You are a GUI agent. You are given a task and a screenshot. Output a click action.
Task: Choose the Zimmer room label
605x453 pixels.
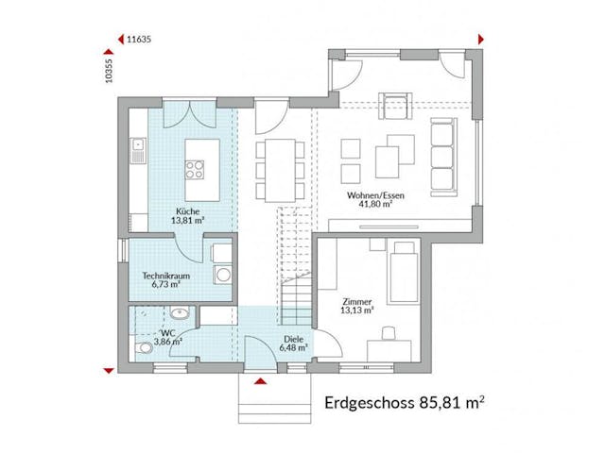[357, 305]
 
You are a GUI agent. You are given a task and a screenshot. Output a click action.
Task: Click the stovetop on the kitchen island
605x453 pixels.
[196, 170]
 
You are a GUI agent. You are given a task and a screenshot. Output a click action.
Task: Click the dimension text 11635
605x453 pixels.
[139, 40]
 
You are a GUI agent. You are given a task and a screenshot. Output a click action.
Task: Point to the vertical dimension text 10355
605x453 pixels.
[111, 73]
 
